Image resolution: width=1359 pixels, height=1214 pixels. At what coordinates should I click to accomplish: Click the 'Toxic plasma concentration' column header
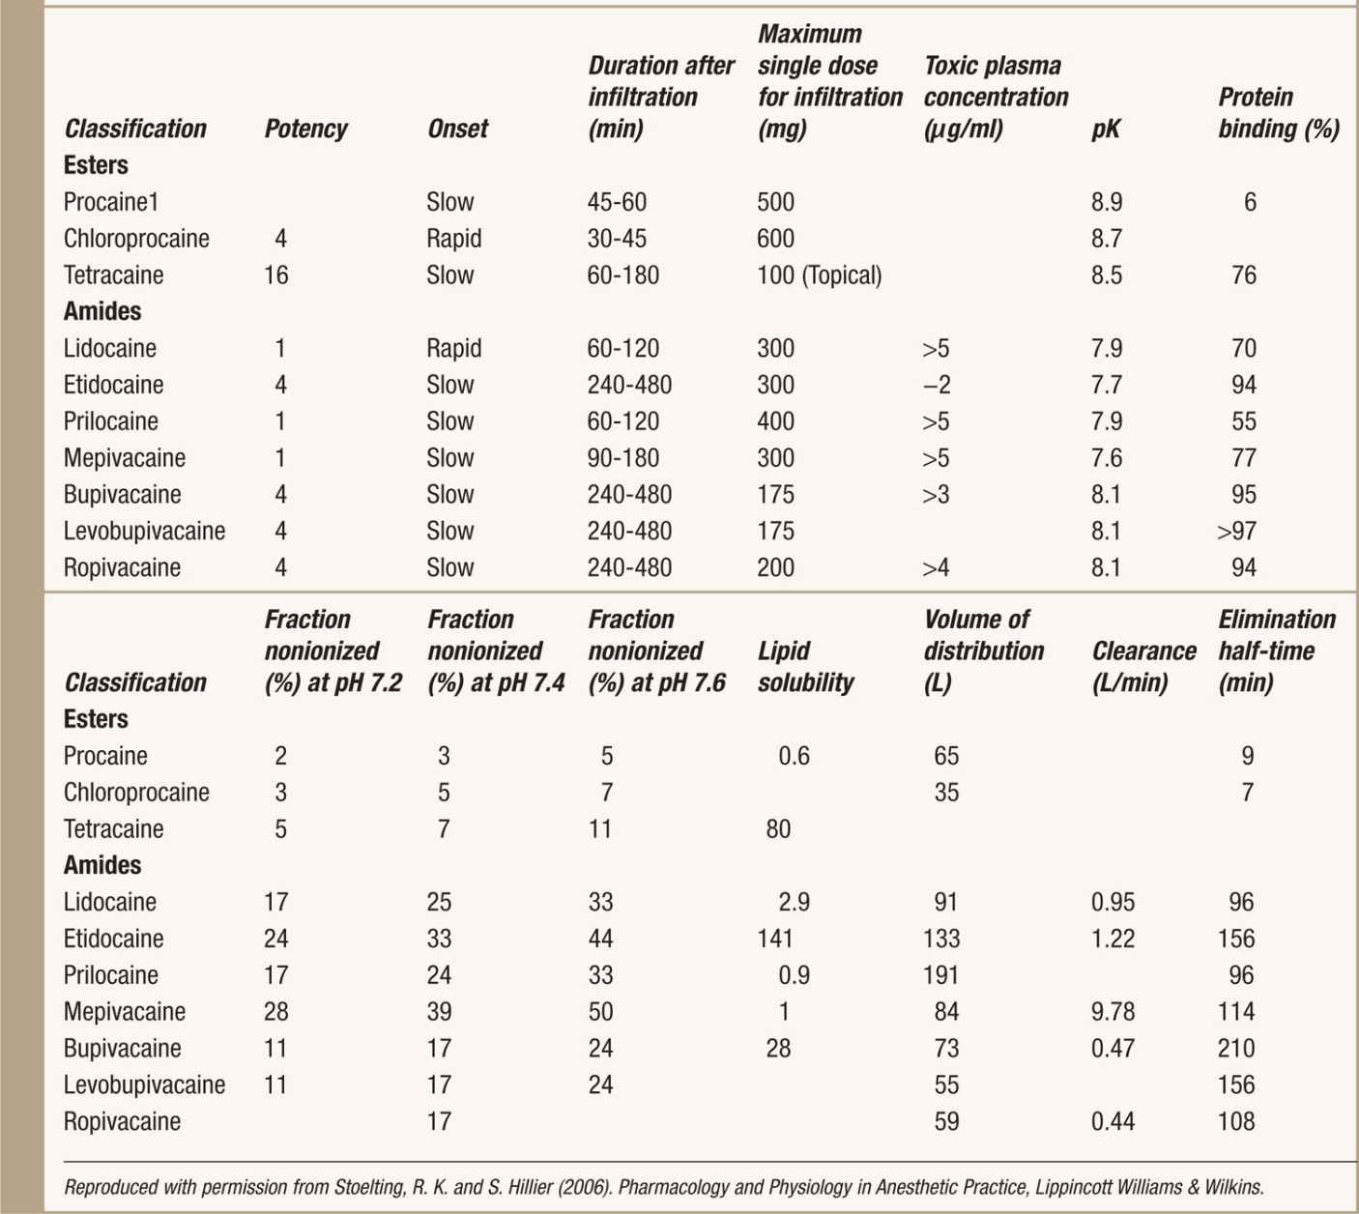(996, 97)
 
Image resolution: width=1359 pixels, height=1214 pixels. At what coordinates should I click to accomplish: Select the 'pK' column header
(1105, 129)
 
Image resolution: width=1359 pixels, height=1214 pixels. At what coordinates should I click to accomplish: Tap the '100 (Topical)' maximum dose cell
(819, 275)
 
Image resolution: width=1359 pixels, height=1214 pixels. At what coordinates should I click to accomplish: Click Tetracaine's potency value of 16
(276, 275)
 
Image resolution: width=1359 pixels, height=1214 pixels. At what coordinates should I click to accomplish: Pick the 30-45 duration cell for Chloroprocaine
(617, 239)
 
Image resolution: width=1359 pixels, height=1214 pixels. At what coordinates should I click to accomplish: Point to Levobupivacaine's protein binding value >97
(1237, 531)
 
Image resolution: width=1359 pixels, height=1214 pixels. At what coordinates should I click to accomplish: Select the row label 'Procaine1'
(110, 202)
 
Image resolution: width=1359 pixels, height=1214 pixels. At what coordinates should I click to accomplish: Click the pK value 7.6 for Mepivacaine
(1107, 458)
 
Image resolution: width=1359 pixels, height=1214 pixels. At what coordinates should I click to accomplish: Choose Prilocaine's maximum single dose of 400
(775, 421)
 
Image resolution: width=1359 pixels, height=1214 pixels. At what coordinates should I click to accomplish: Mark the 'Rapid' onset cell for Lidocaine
(453, 348)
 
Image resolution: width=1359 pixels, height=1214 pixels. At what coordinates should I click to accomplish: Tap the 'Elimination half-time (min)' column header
(1276, 650)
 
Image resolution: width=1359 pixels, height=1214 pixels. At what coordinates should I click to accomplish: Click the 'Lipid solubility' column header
(805, 667)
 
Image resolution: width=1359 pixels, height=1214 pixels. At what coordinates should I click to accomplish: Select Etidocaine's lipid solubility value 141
(775, 939)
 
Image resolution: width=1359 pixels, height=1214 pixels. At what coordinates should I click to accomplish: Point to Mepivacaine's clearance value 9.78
(1113, 1012)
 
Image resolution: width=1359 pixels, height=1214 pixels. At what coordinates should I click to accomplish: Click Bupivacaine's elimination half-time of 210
(1236, 1049)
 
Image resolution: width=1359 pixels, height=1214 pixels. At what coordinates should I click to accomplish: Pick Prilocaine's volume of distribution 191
(941, 975)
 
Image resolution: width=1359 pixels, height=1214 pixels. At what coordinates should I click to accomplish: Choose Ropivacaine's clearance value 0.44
(1113, 1122)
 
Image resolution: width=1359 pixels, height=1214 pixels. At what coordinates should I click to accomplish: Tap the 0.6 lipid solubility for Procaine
(794, 756)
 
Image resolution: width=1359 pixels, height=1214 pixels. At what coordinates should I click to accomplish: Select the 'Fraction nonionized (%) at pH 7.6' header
(656, 650)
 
